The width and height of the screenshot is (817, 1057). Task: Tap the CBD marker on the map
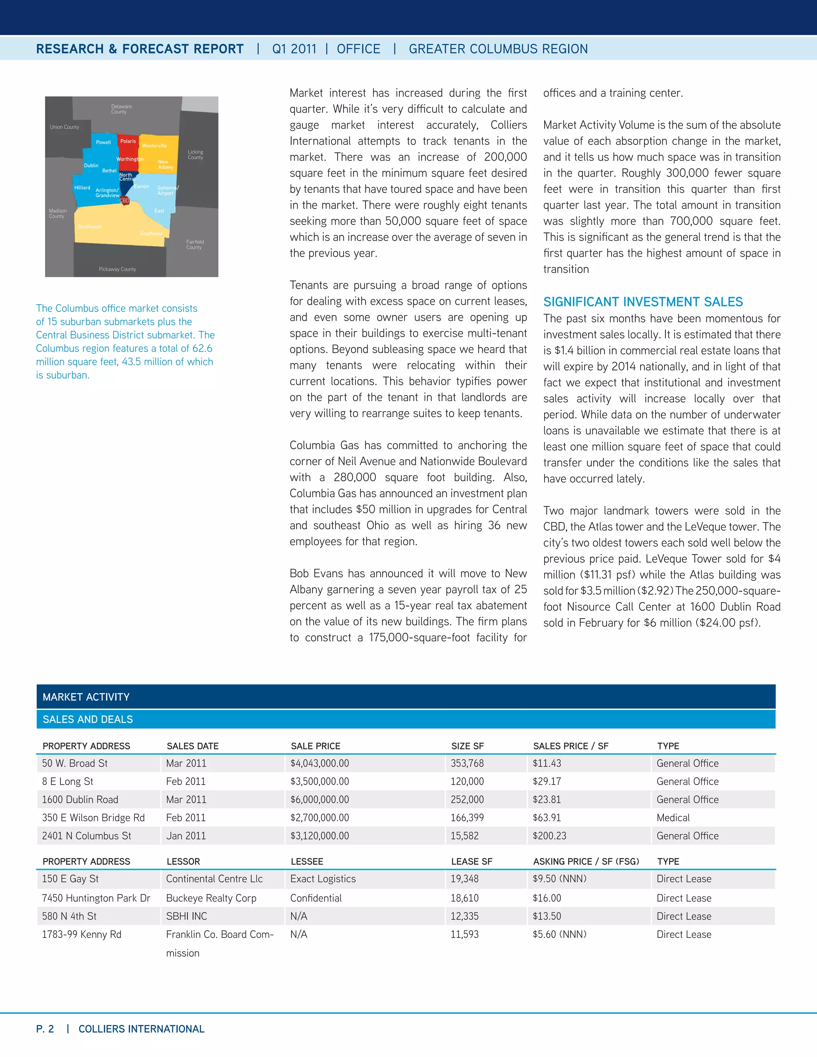pos(124,200)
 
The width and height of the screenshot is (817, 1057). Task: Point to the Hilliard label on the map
pos(82,188)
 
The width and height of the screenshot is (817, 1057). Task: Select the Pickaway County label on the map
pos(117,269)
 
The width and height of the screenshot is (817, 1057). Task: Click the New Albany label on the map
pos(165,165)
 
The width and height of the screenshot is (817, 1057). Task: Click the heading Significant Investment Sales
pos(643,302)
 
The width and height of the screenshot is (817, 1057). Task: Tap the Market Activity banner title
pos(86,697)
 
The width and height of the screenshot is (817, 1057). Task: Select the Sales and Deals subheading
pos(88,719)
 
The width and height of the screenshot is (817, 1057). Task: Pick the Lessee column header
pos(307,862)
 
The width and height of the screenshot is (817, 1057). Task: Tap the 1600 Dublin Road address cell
pos(80,799)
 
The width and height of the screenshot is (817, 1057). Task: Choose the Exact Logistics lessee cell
pos(323,879)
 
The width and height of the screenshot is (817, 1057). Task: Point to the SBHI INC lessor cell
pos(186,916)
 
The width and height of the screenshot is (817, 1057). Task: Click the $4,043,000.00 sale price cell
pos(320,763)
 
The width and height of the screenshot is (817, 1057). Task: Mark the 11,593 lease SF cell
pos(465,935)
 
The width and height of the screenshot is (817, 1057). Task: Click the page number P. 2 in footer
pos(45,1029)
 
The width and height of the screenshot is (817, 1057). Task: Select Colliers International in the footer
pos(141,1029)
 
